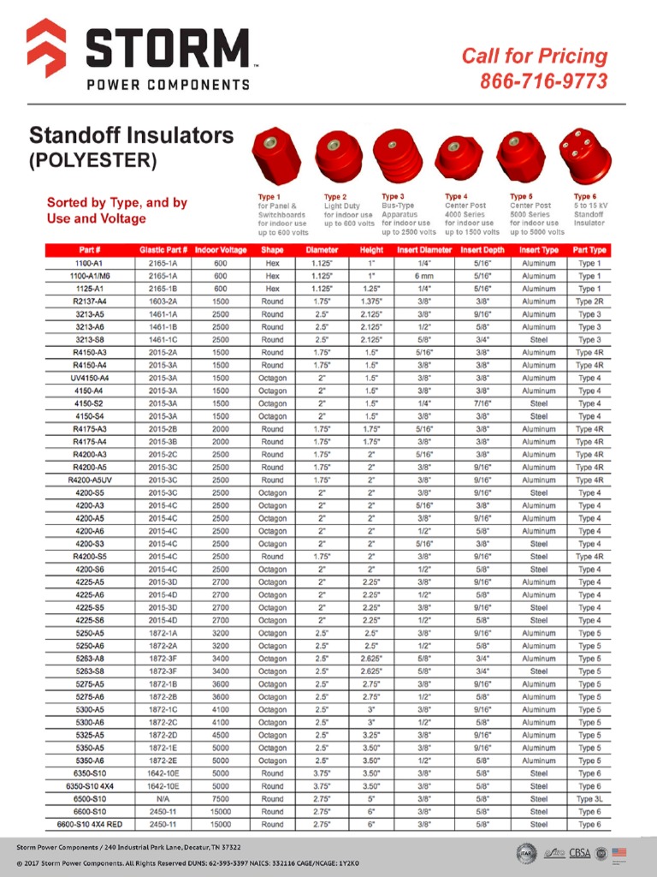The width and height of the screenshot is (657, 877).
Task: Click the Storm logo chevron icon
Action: (x=46, y=47)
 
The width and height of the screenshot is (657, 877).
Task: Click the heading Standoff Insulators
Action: (x=131, y=135)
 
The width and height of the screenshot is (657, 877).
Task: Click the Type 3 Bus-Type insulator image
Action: (x=400, y=155)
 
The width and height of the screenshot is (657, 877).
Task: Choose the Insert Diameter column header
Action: (x=424, y=250)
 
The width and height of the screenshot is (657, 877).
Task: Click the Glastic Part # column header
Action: (x=163, y=250)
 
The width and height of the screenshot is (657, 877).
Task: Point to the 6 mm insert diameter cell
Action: (x=424, y=277)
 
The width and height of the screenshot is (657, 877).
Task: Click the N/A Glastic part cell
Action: (x=163, y=799)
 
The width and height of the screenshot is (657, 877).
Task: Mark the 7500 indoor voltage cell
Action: (x=221, y=799)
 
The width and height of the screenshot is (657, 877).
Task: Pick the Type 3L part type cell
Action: (x=589, y=799)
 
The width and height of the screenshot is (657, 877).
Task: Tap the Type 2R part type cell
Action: (x=589, y=301)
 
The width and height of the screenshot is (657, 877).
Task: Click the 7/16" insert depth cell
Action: (x=482, y=403)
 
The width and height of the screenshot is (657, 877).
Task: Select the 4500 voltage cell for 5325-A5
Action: (x=221, y=735)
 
